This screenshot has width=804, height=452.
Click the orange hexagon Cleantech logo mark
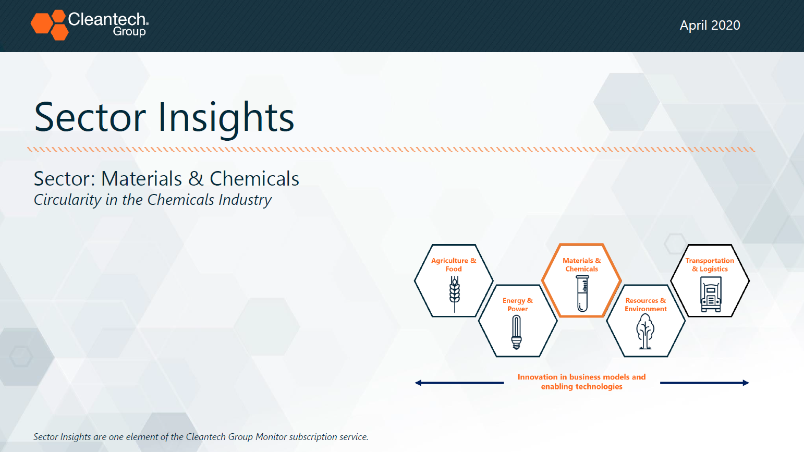tap(50, 25)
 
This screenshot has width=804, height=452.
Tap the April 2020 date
tap(710, 25)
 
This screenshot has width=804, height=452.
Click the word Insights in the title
tap(226, 117)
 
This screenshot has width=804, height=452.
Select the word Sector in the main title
tap(90, 117)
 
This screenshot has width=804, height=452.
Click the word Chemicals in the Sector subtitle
tap(254, 178)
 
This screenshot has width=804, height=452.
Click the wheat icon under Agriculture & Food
tap(455, 294)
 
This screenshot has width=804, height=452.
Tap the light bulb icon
tap(517, 332)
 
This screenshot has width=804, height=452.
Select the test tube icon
tap(582, 294)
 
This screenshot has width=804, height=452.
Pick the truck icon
tap(711, 295)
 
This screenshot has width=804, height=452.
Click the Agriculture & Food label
tap(454, 265)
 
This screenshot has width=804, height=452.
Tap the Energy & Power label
tap(518, 304)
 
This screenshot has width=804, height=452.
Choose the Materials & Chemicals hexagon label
tap(581, 265)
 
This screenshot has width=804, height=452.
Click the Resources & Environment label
tap(645, 304)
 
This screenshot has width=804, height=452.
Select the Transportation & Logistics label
tap(710, 265)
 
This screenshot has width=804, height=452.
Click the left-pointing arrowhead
tap(418, 383)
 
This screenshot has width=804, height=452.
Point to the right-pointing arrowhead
tap(746, 383)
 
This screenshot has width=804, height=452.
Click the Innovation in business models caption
tap(581, 382)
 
